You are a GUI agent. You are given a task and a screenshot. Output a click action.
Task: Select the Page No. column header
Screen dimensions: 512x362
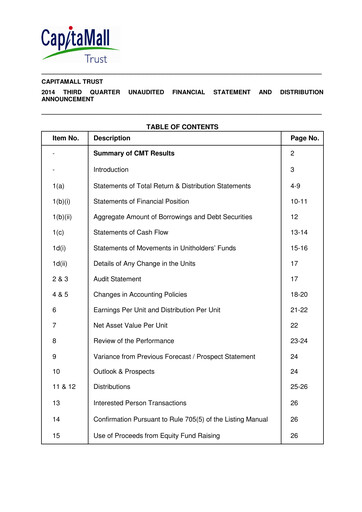tap(301, 139)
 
